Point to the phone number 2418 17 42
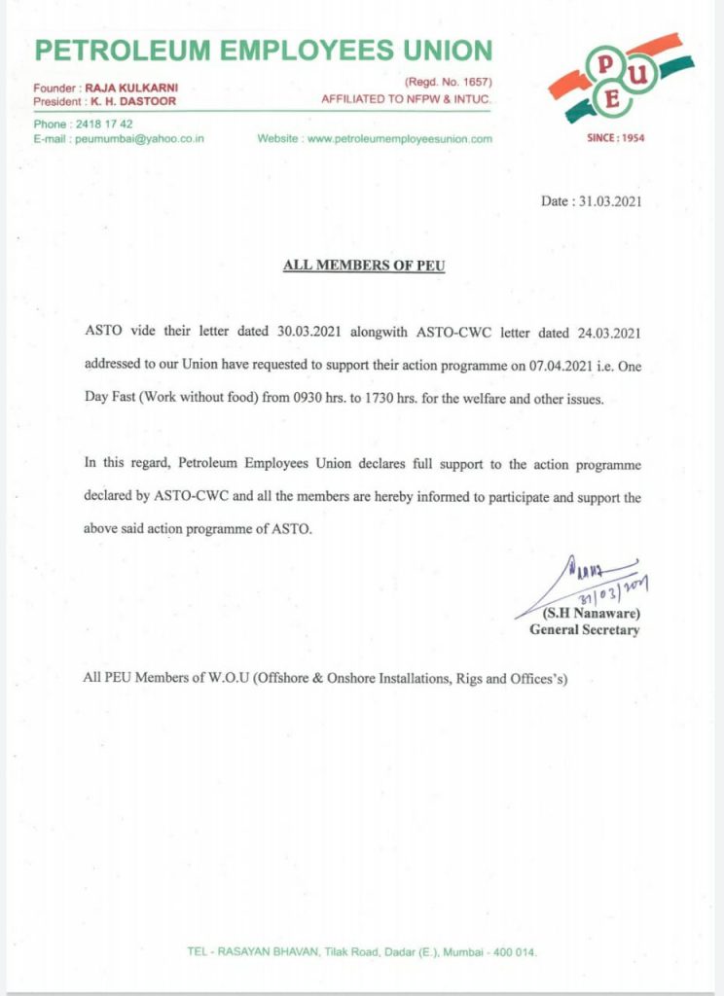[102, 124]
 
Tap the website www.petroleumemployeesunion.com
[400, 139]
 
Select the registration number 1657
[475, 85]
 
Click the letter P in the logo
[604, 64]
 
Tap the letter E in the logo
[611, 99]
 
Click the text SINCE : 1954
[616, 138]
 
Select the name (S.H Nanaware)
[591, 614]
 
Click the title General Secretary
[584, 629]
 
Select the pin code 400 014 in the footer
[513, 952]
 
